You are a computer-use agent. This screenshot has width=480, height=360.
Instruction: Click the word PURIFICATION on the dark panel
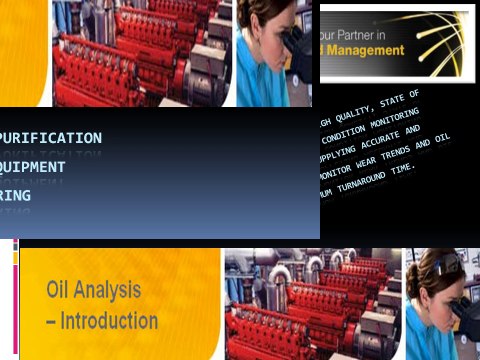pos(51,138)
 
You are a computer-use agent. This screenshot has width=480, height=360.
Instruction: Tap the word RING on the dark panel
pos(16,196)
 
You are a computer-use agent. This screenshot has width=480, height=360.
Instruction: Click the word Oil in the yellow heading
pos(61,291)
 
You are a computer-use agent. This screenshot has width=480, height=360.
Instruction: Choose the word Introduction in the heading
pos(111,322)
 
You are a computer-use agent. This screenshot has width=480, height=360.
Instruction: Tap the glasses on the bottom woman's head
pos(444,264)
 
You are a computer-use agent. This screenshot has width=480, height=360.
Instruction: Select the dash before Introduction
pos(52,322)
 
